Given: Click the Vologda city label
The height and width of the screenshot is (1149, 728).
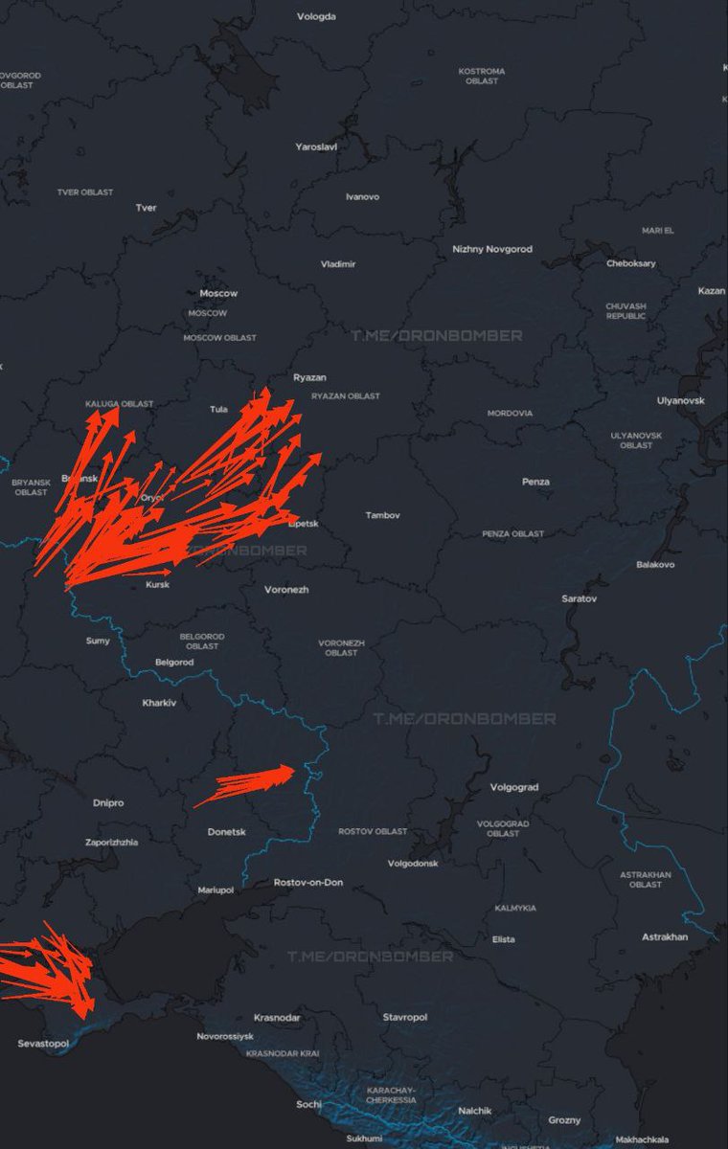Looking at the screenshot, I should point(316,16).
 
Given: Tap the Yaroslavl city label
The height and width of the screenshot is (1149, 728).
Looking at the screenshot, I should point(316,146).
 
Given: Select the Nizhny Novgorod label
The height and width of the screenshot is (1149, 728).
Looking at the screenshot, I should point(492,249).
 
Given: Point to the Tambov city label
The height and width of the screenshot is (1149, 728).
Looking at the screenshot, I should point(382,515).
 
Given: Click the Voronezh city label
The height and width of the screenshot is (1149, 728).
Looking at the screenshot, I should point(286,589).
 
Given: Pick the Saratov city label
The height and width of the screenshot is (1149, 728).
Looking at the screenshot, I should point(579,598).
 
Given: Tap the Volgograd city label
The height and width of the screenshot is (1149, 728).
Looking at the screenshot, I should point(513,787).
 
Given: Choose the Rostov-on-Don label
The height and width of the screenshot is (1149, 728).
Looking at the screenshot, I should point(307,882).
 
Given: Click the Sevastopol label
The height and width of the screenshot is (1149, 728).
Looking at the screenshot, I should point(43,1043).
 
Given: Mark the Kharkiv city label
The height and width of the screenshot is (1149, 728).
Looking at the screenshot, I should point(159,703).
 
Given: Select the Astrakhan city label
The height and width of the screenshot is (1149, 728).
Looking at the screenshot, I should point(665,936).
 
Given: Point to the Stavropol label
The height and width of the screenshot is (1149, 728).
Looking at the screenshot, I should point(404,1017).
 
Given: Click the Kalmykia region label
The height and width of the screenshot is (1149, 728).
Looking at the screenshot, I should point(515,908).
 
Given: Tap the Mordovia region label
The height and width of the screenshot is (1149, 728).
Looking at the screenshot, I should point(510,414).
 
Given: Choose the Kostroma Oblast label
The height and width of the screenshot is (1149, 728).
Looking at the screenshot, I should point(482,76).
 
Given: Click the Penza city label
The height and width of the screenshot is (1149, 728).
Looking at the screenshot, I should point(535,482).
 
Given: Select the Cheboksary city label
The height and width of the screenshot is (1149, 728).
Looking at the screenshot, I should point(630,263).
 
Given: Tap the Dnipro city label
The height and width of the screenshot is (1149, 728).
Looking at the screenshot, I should point(108,802).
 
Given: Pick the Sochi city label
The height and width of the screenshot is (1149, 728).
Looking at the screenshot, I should point(308,1104).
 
